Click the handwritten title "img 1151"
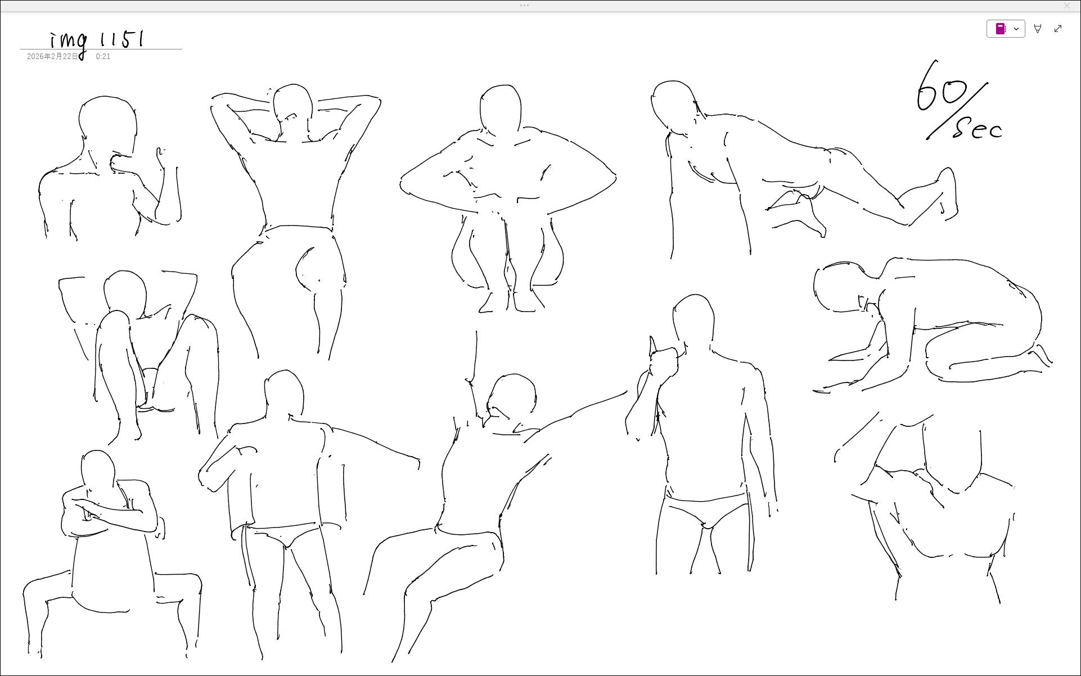coord(97,41)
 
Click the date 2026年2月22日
coord(53,56)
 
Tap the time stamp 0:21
coord(103,56)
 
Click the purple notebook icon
coord(1001,29)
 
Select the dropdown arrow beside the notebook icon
coord(1016,29)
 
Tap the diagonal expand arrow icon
coord(1058,29)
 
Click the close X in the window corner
coord(1067,6)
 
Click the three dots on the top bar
coord(524,6)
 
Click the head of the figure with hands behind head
coord(292,107)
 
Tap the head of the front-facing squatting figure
coord(501,110)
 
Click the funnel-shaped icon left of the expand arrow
coord(1038,29)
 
